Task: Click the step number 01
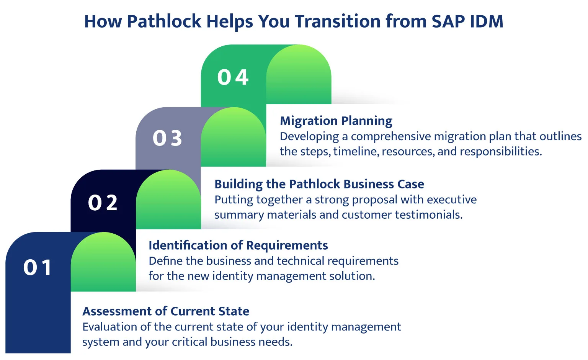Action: (38, 267)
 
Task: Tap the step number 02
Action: (103, 203)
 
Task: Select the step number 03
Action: (167, 138)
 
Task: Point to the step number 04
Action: (233, 77)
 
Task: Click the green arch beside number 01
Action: (103, 264)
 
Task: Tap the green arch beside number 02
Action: (168, 201)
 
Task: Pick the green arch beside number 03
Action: (234, 138)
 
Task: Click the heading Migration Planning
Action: (336, 121)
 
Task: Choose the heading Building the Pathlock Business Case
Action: (319, 184)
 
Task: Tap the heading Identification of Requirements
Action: (238, 245)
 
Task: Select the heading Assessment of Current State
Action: (166, 311)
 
